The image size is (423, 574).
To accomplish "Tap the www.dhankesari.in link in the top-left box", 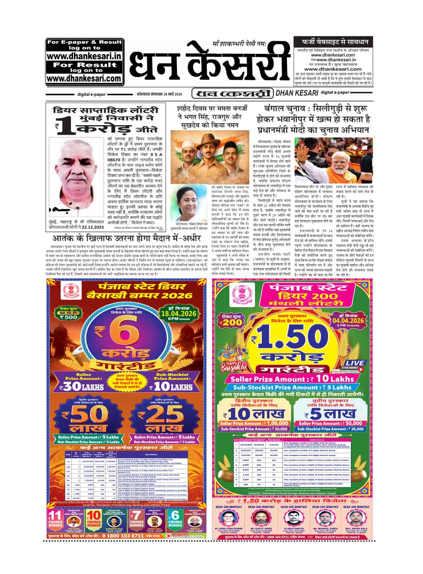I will pos(84,56).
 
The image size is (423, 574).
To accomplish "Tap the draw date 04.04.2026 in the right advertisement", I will pos(348,320).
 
